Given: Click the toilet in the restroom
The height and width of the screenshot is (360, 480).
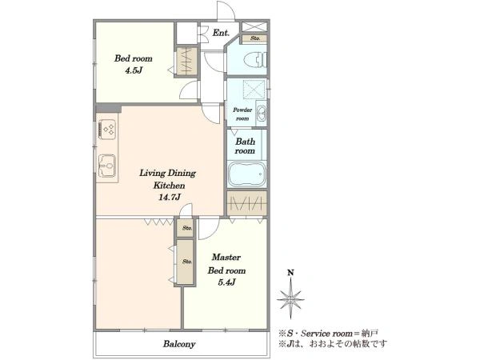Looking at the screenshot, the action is pos(258,59).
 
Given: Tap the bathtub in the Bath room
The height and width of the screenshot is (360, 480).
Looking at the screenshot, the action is pos(246,174).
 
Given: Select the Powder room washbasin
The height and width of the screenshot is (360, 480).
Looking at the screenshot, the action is pos(261,113).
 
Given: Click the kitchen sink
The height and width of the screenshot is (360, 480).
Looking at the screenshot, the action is pos(107,166).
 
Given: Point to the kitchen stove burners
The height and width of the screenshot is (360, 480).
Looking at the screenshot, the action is pos(107,129).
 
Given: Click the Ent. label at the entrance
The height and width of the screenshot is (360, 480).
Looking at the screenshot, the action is pos(221,33).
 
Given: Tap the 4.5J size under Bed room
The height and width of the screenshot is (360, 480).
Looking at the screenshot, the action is pos(134,70).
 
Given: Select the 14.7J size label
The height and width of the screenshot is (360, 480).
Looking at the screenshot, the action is pos(169,197).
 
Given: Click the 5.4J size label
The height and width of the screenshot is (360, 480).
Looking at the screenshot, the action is pos(226,282).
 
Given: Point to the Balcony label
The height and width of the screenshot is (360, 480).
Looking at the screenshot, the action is pos(179,344).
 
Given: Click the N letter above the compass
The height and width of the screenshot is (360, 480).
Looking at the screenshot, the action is pos(290,273).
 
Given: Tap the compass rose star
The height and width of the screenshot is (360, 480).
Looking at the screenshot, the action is pos(290,298).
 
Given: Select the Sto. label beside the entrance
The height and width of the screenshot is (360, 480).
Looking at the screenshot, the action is pos(255,38).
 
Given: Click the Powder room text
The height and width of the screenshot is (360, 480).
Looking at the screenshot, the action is pos(242,114).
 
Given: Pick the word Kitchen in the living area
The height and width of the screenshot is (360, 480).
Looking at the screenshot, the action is pos(169,186).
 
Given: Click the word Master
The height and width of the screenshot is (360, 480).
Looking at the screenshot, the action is pos(226,257).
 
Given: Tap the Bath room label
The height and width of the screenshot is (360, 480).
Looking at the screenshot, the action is pos(246,146).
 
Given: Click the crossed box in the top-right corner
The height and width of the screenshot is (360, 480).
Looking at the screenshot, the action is pos(254,26).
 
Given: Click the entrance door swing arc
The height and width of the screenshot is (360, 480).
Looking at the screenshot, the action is pos(229,8).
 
